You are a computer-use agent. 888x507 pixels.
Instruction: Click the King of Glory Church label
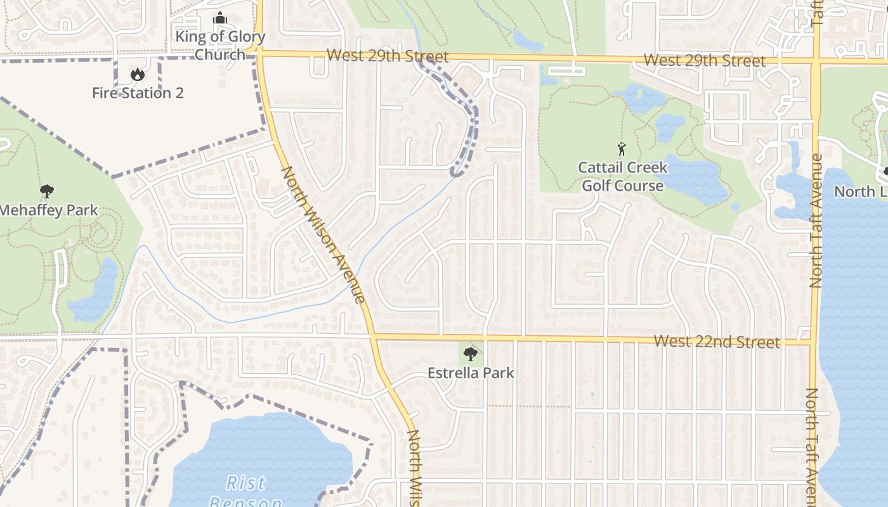tap(220, 45)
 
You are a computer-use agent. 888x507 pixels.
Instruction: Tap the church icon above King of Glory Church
tap(220, 18)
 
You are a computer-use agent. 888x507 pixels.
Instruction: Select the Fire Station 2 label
tap(138, 93)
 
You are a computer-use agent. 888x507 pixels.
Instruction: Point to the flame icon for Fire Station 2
tap(137, 75)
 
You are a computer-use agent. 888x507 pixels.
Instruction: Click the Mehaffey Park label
tap(49, 210)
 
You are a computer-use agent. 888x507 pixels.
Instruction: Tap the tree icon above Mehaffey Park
tap(46, 191)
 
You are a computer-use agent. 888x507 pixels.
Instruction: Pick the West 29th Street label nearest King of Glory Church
tap(388, 56)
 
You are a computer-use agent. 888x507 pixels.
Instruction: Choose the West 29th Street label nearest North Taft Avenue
tap(705, 61)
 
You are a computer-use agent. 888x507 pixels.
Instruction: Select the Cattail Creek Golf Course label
tap(623, 176)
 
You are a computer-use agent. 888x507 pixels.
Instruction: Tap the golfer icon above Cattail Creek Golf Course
tap(622, 150)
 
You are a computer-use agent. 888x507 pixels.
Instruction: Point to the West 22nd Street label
tap(717, 342)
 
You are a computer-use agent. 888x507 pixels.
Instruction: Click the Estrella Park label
tap(471, 373)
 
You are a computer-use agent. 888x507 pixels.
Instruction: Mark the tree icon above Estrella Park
tap(470, 354)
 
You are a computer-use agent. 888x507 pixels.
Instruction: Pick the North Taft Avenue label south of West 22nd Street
tap(813, 444)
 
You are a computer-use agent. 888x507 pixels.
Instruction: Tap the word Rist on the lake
tap(246, 483)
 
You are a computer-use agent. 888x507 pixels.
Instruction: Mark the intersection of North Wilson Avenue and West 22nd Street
tap(372, 335)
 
